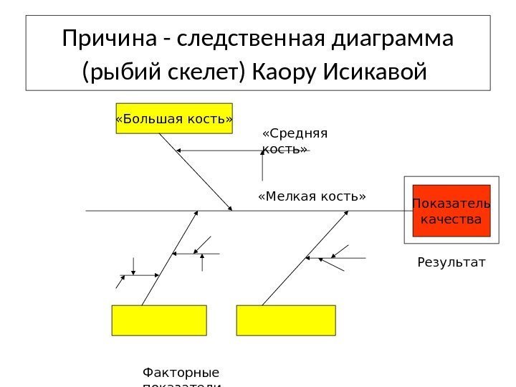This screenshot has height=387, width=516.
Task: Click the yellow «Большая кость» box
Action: coord(174,118)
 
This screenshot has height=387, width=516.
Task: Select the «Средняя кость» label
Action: coord(295,140)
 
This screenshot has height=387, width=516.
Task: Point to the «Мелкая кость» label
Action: coord(311,196)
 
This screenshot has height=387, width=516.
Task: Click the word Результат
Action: coord(451,263)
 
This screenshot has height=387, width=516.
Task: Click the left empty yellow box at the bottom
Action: coord(159,320)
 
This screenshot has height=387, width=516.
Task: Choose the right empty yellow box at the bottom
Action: coord(286,320)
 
